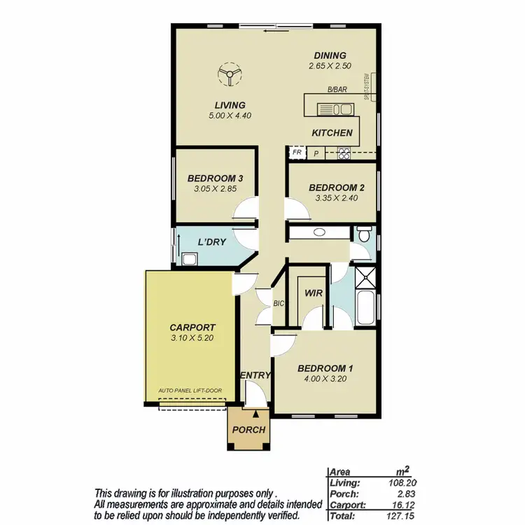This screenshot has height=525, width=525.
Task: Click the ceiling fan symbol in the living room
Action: (x=229, y=74)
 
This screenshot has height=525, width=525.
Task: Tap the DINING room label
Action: (x=330, y=56)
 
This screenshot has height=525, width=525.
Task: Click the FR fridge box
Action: (x=297, y=152)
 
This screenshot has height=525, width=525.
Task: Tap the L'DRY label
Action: (x=211, y=242)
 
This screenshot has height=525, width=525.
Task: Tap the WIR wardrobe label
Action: (x=314, y=293)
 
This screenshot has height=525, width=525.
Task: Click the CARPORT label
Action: (x=192, y=327)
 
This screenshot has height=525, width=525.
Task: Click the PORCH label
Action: (x=248, y=430)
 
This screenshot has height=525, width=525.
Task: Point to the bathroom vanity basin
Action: (x=318, y=232)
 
